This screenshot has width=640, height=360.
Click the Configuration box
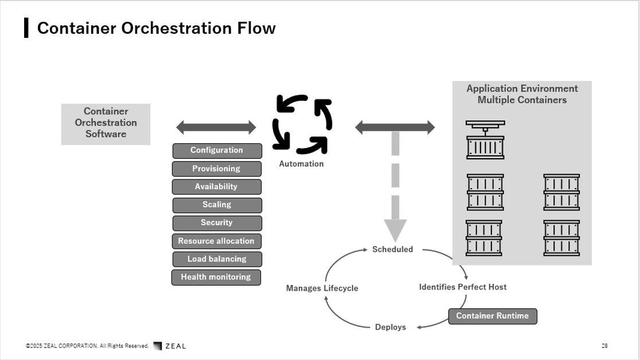(217, 151)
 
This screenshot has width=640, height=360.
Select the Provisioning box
(216, 169)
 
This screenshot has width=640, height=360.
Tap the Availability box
(216, 186)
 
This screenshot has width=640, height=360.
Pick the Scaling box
(217, 205)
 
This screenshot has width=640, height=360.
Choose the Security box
(217, 223)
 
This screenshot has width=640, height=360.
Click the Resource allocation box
(216, 241)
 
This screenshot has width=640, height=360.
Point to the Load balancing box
(217, 259)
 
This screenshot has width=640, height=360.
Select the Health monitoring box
(216, 277)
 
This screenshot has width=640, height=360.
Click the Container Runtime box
(493, 316)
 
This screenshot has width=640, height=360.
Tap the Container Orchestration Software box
(106, 124)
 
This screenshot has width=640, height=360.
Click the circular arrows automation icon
(302, 124)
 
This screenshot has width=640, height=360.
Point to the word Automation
(301, 164)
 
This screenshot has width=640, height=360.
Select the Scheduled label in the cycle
(393, 249)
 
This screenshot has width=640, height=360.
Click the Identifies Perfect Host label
(463, 287)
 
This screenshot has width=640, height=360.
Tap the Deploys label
(391, 327)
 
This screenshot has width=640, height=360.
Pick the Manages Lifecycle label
(322, 288)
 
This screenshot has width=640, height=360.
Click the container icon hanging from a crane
(485, 140)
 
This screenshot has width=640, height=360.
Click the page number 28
(604, 346)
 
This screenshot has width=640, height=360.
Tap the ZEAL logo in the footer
(170, 346)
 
